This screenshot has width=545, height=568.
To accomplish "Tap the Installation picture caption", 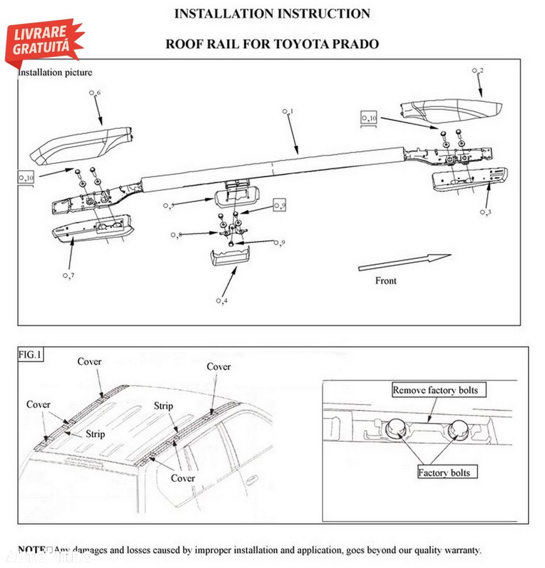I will [55, 73].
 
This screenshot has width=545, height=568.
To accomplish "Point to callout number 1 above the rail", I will [287, 112].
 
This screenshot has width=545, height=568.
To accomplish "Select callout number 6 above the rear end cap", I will [95, 93].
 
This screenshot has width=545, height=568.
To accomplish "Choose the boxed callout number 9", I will [279, 205].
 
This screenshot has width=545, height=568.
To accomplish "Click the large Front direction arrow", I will [404, 263].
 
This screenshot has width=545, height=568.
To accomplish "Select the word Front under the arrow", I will [386, 281].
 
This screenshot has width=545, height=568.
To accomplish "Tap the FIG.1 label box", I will [30, 355].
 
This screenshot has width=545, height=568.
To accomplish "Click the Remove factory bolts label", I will [435, 390].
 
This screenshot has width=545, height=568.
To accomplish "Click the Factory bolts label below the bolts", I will [444, 473].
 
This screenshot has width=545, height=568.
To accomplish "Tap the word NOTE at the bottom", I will [32, 550].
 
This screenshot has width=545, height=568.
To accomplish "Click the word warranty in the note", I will [461, 550].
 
